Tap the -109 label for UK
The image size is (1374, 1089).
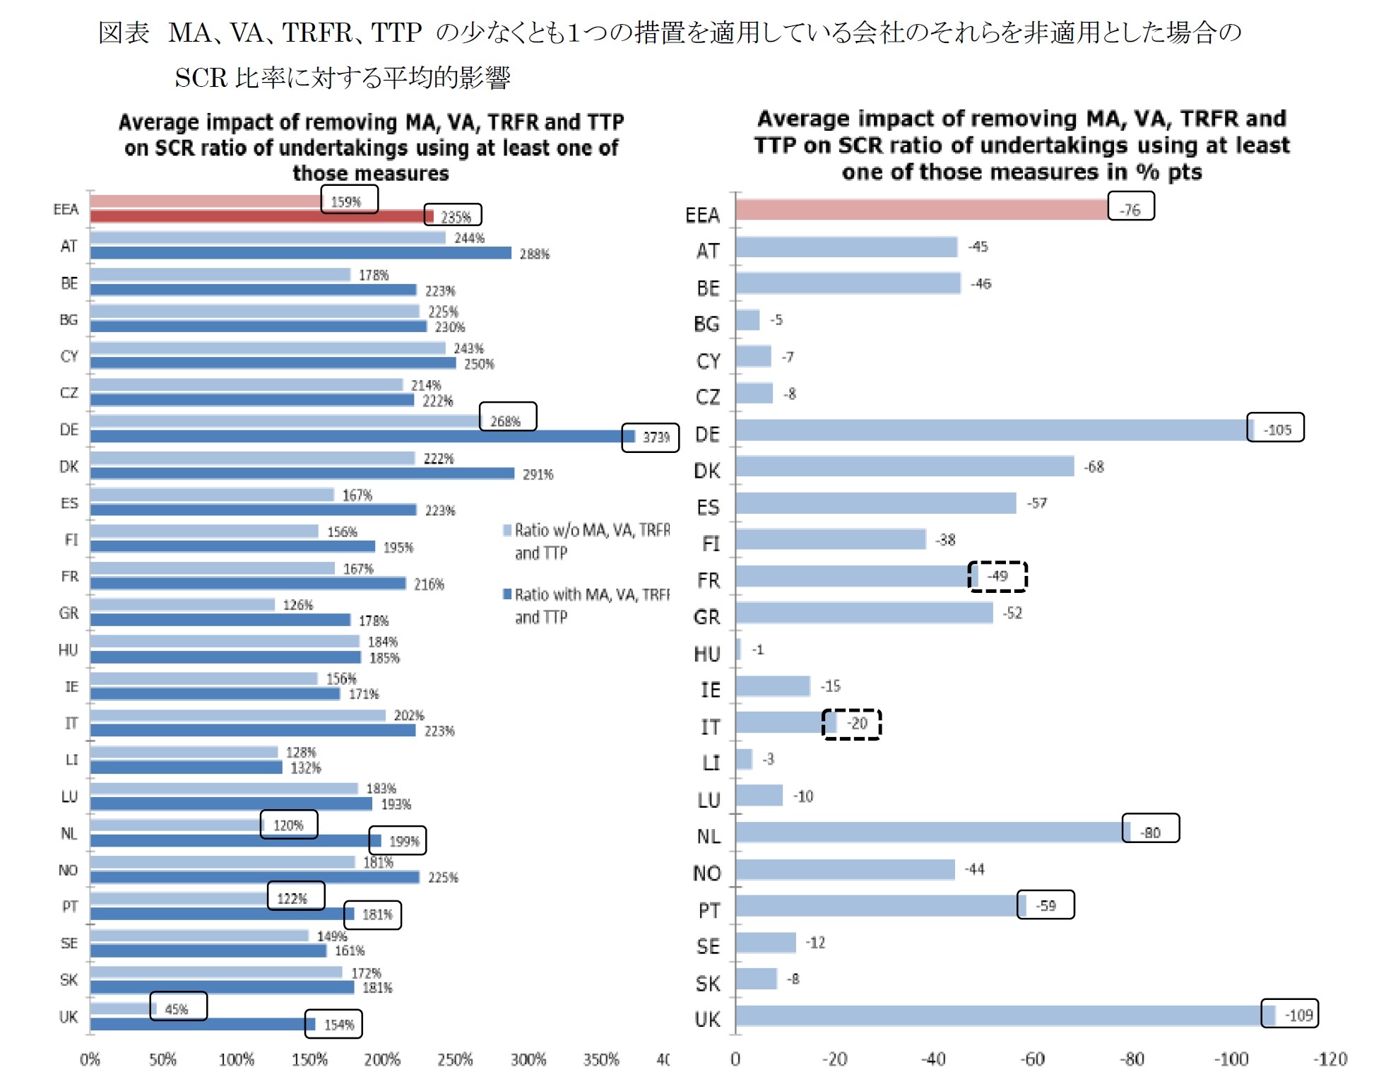1298,1015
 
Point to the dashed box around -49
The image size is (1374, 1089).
997,576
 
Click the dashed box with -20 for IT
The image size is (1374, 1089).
852,724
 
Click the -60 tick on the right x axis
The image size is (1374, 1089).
1033,1059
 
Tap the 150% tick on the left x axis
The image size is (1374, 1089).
309,1059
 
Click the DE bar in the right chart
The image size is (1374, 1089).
989,430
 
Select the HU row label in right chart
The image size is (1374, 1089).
706,654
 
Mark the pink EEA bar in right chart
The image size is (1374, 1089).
918,210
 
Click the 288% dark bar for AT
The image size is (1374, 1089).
300,253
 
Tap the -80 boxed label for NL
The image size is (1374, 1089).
1150,832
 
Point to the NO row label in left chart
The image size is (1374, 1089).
68,870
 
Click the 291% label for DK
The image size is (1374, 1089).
538,474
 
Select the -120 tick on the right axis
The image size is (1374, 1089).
1329,1059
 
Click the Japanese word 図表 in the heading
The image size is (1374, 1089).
124,33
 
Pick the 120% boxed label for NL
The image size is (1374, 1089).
288,825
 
